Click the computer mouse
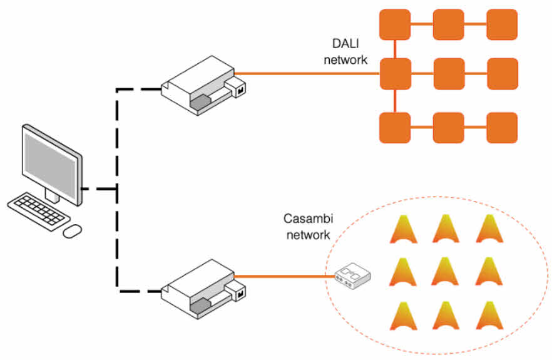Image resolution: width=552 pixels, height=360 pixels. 73,231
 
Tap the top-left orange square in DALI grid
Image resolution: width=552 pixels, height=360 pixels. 395,25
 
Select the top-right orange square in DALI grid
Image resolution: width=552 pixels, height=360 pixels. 502,25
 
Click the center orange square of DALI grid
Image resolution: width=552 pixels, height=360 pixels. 449,73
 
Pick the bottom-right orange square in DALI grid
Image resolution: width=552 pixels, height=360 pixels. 502,128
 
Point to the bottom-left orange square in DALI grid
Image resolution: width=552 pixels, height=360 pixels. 395,128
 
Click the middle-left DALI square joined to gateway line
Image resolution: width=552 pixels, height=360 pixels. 395,73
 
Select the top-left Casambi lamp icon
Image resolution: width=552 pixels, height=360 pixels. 402,229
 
